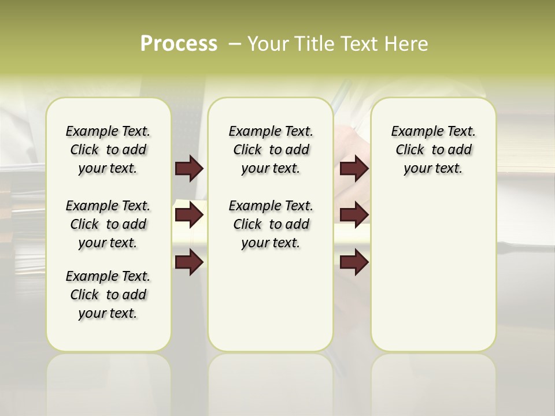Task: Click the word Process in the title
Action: [x=179, y=44]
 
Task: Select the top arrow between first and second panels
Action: [x=189, y=169]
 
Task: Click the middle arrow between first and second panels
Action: [x=189, y=215]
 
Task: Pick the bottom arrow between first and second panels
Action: [x=189, y=262]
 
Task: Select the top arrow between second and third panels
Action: [x=354, y=169]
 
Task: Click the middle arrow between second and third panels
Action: [x=354, y=215]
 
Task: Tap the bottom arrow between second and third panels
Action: [x=354, y=262]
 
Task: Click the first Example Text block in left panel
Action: [x=108, y=150]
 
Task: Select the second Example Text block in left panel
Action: [x=108, y=224]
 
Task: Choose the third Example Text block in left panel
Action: [x=108, y=295]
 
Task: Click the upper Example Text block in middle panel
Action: [x=271, y=150]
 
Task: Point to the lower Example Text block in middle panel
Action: [x=271, y=224]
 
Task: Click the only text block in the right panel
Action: [x=433, y=150]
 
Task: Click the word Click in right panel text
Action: [x=410, y=150]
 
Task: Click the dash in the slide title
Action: [x=235, y=44]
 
